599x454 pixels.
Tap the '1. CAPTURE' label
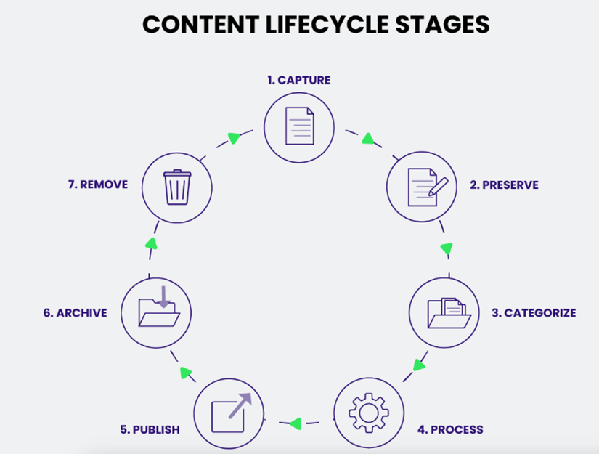(x=298, y=80)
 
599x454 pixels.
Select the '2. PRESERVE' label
(x=504, y=185)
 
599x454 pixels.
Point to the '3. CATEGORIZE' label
(x=534, y=313)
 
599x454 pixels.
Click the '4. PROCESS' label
(x=450, y=429)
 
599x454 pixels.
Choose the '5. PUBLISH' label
(x=150, y=429)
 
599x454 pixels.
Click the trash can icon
(x=177, y=187)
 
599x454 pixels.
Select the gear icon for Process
(x=369, y=413)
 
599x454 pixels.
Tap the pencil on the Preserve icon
(x=438, y=185)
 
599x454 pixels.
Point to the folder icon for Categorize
(x=444, y=313)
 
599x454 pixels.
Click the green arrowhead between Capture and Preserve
(x=368, y=138)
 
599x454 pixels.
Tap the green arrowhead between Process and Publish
(x=296, y=422)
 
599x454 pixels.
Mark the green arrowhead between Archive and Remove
(x=150, y=243)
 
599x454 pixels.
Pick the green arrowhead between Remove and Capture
(x=233, y=137)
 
